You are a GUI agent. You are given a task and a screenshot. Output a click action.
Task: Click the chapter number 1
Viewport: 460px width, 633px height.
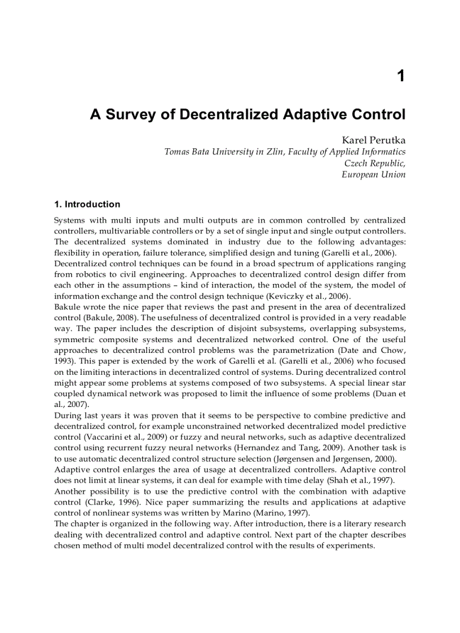(x=401, y=76)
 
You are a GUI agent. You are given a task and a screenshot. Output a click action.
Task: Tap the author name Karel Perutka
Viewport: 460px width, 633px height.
(x=373, y=139)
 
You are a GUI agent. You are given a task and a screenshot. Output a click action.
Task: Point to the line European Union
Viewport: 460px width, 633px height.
(x=373, y=174)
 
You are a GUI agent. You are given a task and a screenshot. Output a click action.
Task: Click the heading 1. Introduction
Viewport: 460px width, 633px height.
(x=87, y=204)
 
